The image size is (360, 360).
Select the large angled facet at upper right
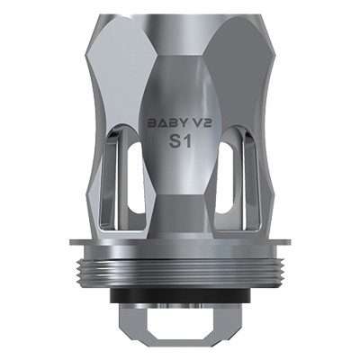[243, 63]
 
